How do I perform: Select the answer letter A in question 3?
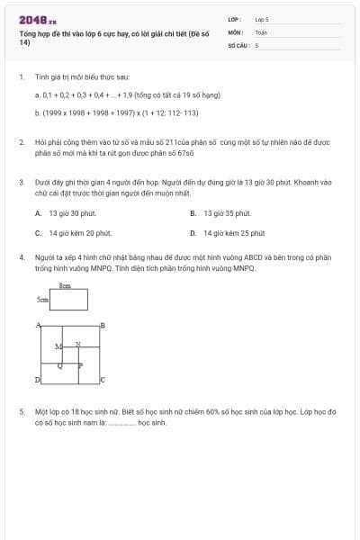39,213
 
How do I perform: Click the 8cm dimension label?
65,284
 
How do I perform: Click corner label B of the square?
102,325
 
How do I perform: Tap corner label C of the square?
102,380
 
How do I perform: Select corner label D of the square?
38,381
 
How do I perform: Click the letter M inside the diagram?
58,346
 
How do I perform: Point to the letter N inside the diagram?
77,344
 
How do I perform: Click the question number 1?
22,78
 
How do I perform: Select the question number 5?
22,411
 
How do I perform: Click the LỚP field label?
234,19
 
